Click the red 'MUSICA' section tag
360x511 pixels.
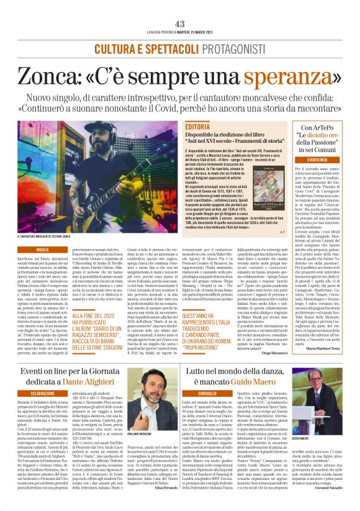click(42, 249)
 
